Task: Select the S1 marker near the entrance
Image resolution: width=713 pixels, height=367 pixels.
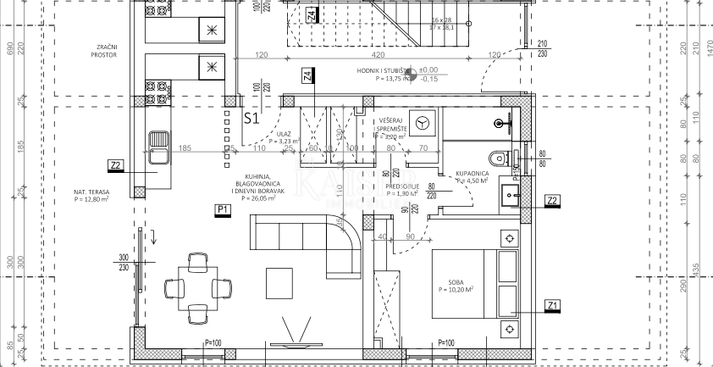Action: coord(251,119)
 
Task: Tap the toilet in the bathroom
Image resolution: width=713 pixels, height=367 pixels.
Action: coord(500,158)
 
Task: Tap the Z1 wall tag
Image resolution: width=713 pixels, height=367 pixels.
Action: coord(552,305)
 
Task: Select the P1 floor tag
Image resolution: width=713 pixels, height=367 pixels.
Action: coord(224,209)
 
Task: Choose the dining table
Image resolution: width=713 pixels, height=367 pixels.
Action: coord(197,287)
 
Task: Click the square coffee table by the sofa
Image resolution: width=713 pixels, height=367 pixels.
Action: coord(279,281)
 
